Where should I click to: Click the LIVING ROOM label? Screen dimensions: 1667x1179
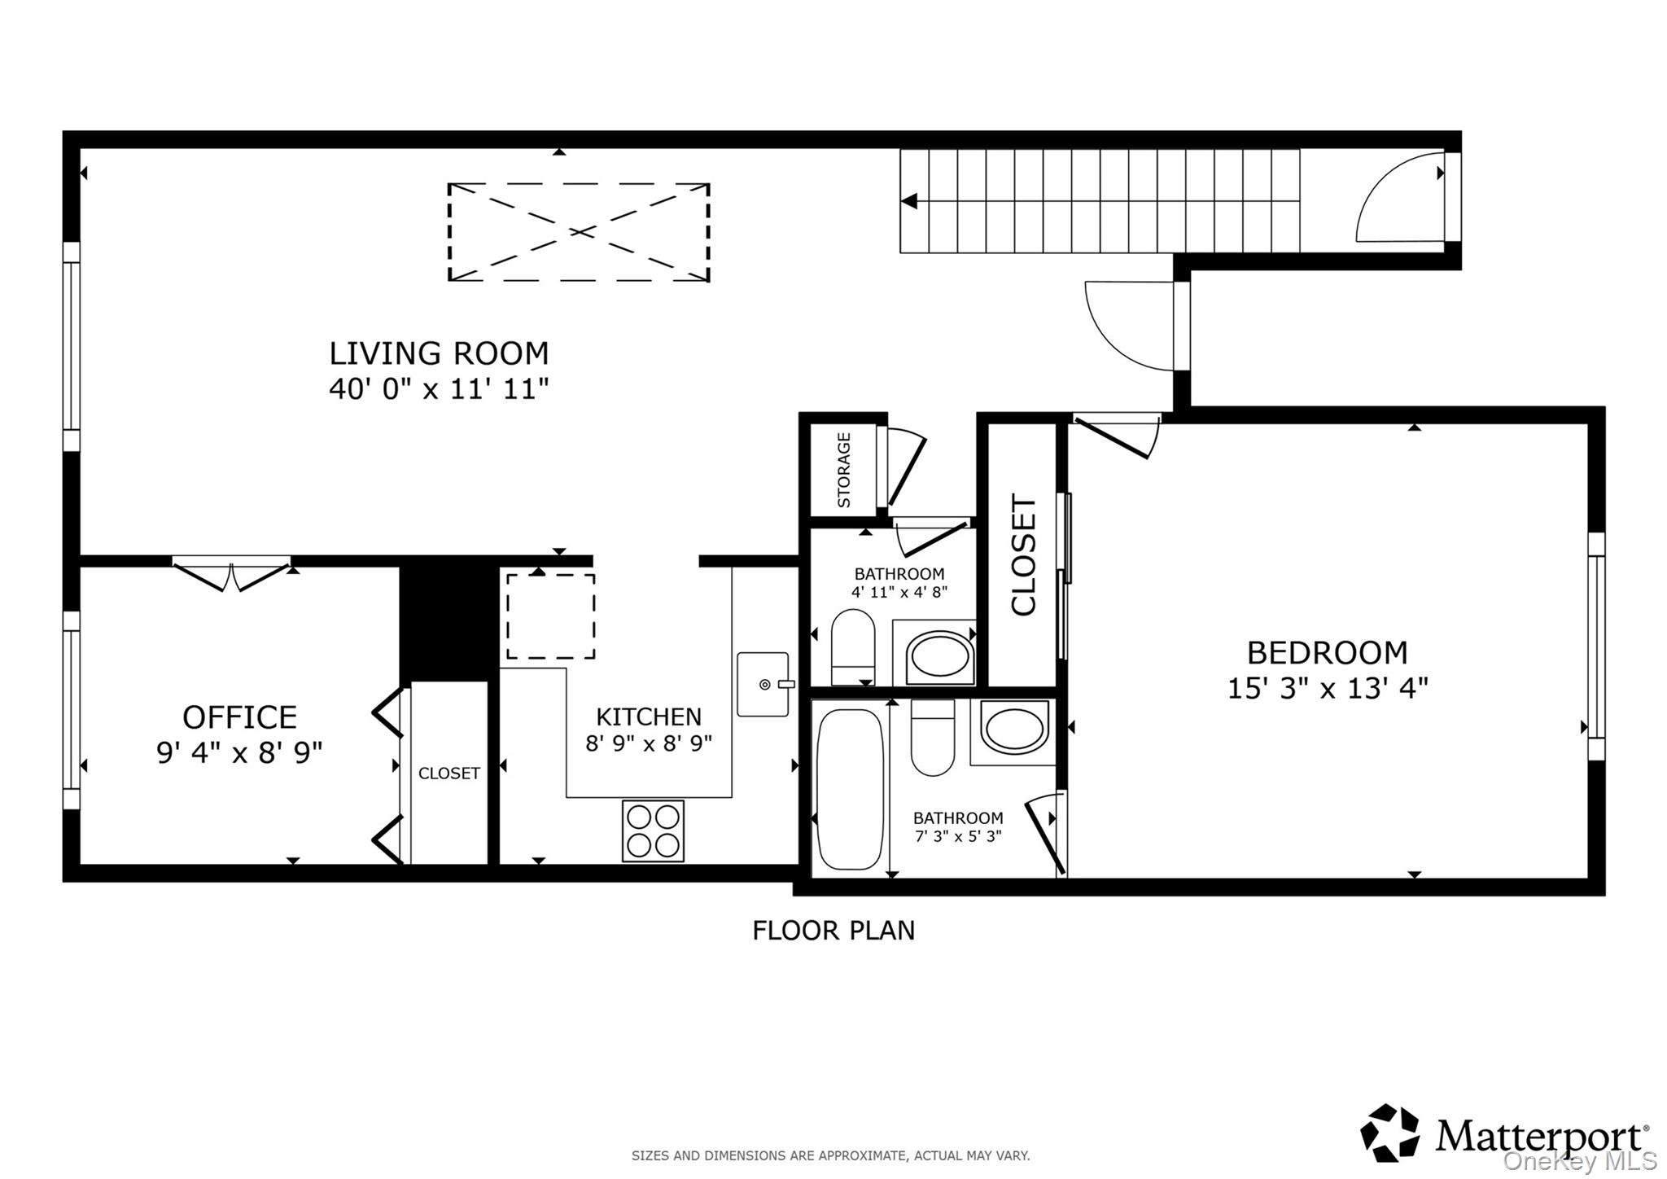(439, 353)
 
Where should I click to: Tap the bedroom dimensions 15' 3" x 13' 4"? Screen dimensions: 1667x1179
(1328, 689)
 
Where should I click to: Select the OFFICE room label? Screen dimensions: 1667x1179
(239, 717)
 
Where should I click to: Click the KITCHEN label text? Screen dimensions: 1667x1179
(649, 717)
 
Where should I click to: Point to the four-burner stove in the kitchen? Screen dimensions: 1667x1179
(653, 831)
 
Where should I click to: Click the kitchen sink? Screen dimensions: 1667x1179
(763, 684)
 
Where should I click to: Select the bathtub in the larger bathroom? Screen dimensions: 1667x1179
(850, 789)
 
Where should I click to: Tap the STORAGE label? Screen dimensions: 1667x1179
(844, 470)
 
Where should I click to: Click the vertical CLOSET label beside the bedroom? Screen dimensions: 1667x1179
(1023, 554)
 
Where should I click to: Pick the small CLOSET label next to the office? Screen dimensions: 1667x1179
(449, 774)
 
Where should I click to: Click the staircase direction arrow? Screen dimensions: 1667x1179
(909, 200)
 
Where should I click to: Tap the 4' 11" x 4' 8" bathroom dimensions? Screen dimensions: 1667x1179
(899, 592)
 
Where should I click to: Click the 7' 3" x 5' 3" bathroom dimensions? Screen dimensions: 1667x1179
(958, 836)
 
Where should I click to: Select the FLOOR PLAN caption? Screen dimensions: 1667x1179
(833, 930)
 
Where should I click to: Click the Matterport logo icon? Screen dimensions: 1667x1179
(1390, 1133)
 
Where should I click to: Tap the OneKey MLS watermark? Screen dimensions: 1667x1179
(1580, 1160)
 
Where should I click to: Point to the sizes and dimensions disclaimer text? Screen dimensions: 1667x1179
(831, 1155)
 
